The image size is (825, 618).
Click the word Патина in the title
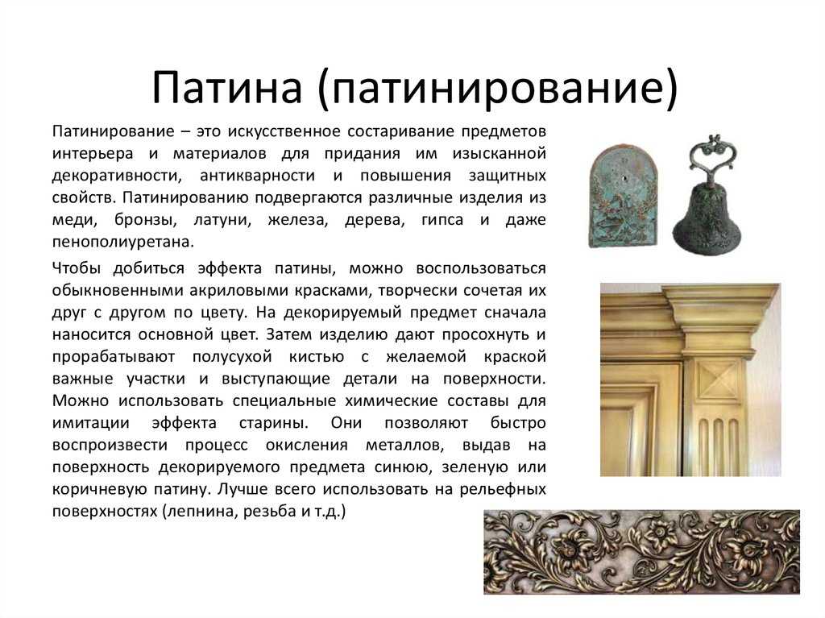point(226,87)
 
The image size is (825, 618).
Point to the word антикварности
point(257,176)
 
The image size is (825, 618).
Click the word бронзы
point(145,220)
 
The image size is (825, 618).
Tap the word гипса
point(442,220)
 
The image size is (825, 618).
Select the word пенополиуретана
point(123,243)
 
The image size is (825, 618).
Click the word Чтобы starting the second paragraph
point(77,268)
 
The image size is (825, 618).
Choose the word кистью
point(316,357)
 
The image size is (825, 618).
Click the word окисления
point(306,446)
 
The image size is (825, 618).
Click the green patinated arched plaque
point(624,196)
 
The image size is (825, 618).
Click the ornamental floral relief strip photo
point(641,552)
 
